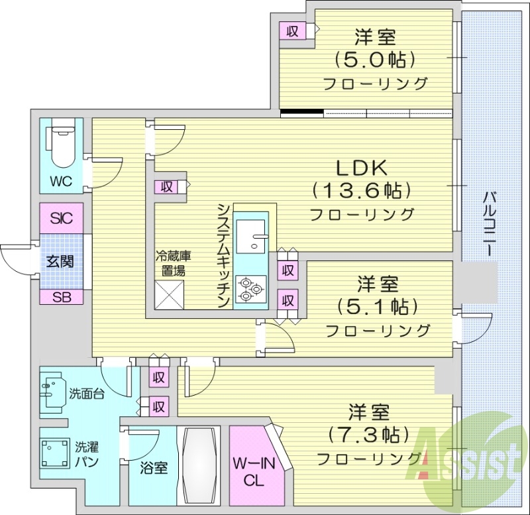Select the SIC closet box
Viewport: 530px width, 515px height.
[x=60, y=217]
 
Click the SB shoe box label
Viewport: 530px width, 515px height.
[x=60, y=296]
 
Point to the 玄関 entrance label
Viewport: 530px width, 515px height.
[x=60, y=261]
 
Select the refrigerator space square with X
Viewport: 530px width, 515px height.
[x=170, y=293]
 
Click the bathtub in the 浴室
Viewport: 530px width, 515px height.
[x=199, y=466]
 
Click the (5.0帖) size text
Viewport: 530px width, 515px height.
[x=375, y=60]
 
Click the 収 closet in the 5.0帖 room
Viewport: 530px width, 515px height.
[x=291, y=30]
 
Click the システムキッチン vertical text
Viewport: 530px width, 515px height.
[x=224, y=255]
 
